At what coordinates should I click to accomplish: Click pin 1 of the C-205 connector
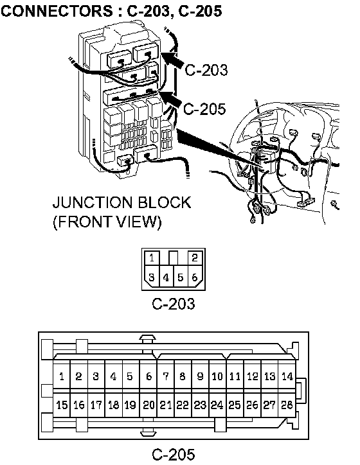coord(62,376)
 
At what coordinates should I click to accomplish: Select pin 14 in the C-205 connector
coord(287,376)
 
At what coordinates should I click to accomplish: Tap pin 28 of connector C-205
coord(287,405)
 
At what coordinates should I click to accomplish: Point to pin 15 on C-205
coord(62,405)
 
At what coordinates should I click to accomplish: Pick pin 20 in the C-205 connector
coord(148,405)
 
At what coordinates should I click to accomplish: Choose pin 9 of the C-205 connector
coord(201,376)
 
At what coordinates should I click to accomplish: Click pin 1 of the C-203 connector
coord(152,258)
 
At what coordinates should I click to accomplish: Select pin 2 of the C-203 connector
coord(195,258)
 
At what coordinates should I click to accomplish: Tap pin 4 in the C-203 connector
coord(166,277)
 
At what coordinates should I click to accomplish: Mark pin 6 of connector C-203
coord(195,277)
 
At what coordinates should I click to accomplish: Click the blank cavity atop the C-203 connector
coord(174,258)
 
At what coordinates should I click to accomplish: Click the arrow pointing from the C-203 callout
coord(172,59)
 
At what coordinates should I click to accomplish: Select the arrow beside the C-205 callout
coord(170,98)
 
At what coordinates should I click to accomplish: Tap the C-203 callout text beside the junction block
coord(206,70)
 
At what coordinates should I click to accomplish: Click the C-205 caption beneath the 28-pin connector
coord(174,454)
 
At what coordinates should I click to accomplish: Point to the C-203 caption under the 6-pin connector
coord(174,304)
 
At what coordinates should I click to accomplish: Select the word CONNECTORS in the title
coord(57,12)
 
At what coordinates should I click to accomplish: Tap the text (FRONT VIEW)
coord(107,222)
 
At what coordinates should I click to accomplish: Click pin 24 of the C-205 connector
coord(217,405)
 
